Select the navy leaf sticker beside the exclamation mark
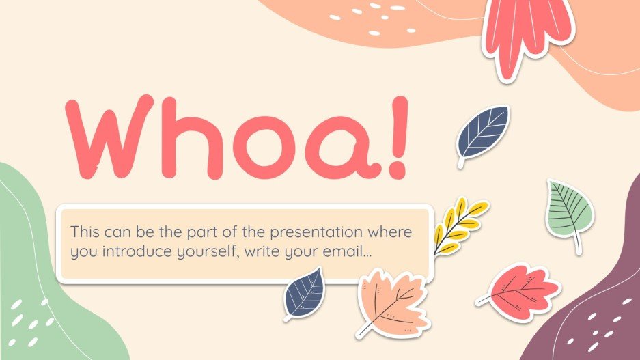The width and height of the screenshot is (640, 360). click(483, 133)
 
